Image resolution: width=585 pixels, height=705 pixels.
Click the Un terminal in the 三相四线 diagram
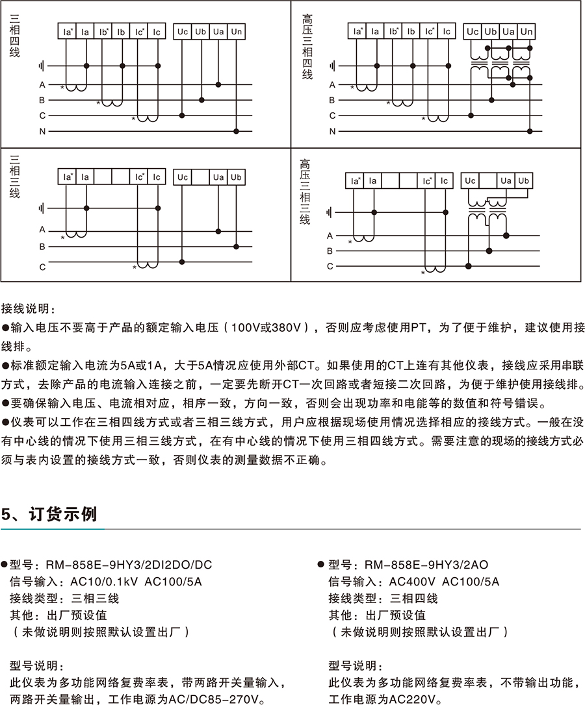[x=236, y=32]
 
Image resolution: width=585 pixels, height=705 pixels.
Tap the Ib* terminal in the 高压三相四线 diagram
[x=393, y=32]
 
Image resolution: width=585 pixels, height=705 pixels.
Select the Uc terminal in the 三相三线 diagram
[x=183, y=177]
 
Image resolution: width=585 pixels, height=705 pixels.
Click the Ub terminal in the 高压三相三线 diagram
[x=524, y=181]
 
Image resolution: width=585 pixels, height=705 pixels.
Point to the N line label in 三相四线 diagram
[x=42, y=131]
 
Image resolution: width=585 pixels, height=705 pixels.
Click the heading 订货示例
[x=63, y=514]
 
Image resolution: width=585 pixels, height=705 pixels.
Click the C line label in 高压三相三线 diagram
[x=330, y=266]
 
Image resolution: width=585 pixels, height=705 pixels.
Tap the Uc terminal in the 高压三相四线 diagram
[x=473, y=32]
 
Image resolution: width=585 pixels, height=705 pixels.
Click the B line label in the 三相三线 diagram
[x=42, y=247]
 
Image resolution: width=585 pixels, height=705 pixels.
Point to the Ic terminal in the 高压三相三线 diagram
[x=445, y=181]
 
